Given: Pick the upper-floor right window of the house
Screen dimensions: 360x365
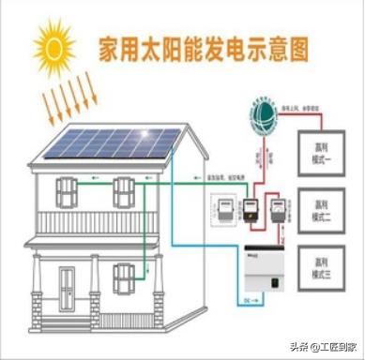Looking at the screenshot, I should click(x=124, y=192).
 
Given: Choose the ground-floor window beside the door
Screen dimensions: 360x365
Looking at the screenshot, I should click(x=124, y=278).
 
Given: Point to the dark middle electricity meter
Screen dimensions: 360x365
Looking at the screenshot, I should click(x=251, y=211).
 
